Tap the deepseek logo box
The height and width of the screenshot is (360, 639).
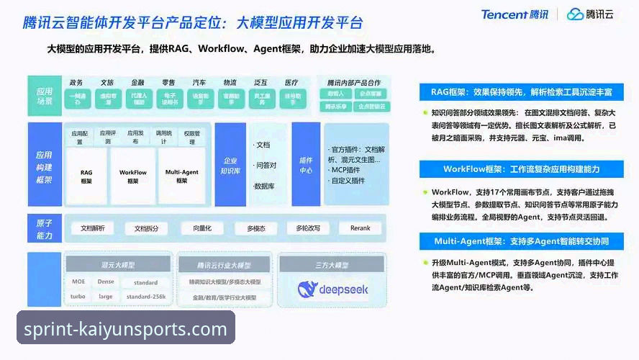pos(332,289)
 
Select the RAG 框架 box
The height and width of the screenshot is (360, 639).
pos(86,176)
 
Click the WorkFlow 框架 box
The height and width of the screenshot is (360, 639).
pos(133,176)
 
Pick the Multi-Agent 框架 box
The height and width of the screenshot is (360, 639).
pos(181,176)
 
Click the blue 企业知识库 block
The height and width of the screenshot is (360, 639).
pos(230,165)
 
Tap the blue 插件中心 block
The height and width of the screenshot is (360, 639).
pos(306,165)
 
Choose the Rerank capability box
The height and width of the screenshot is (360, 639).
pos(360,228)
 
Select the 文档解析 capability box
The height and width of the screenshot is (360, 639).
pos(92,228)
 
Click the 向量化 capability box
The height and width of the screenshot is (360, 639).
pos(196,228)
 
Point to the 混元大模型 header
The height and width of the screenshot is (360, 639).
pos(118,265)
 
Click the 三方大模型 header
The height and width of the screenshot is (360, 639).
pos(332,265)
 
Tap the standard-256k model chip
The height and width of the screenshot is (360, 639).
pos(146,297)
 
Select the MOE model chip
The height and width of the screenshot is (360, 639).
pos(78,282)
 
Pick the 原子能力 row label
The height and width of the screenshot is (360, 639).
pos(45,229)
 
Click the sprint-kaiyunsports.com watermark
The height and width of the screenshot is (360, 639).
pos(126,330)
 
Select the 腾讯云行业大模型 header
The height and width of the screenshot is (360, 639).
pos(224,265)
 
